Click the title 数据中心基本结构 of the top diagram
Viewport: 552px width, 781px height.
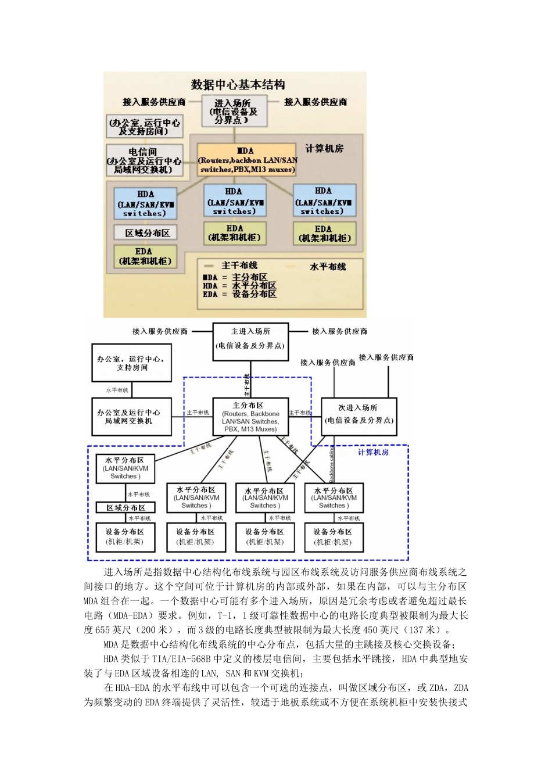coord(238,85)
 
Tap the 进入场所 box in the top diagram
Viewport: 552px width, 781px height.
coord(234,112)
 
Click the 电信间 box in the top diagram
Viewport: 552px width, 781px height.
coord(144,161)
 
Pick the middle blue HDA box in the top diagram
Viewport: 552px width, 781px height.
coord(234,201)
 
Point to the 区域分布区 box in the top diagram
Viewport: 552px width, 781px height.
coord(148,233)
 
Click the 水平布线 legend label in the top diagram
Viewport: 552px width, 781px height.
coord(328,267)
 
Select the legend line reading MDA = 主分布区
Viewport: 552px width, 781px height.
coord(235,277)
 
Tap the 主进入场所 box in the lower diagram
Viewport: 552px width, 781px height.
coord(250,339)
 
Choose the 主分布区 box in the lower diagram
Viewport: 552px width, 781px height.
coord(250,417)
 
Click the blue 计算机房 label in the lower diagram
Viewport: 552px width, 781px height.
coord(373,452)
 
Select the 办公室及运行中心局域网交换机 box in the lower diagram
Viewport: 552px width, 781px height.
coord(131,417)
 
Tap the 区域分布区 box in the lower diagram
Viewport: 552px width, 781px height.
coord(126,508)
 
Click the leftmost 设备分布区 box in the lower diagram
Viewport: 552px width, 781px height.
coord(125,537)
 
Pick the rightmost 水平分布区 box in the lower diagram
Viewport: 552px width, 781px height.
coord(334,498)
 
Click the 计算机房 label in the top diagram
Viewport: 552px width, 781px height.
coord(324,149)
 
